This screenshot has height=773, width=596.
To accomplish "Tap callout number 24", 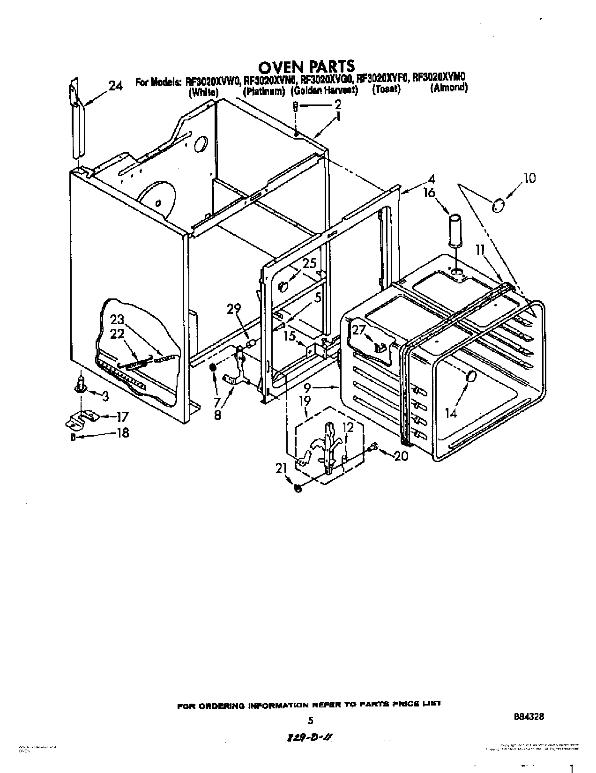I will coord(116,86).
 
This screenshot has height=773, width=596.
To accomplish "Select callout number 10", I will coord(529,178).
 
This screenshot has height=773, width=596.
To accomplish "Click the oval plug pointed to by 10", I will coord(498,205).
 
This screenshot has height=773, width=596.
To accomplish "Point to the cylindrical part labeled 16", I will coord(455,230).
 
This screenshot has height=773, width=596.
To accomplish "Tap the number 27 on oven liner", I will coord(358,330).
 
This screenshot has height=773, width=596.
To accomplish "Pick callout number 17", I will coord(122,416).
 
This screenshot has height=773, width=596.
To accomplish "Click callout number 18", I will coord(123,433).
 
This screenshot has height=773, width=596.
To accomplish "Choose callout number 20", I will coord(401,456).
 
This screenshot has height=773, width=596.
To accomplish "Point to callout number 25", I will coord(309,263).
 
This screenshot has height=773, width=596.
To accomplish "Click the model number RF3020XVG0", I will coord(328,79).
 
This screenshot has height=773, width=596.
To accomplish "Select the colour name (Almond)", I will coord(448,88).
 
